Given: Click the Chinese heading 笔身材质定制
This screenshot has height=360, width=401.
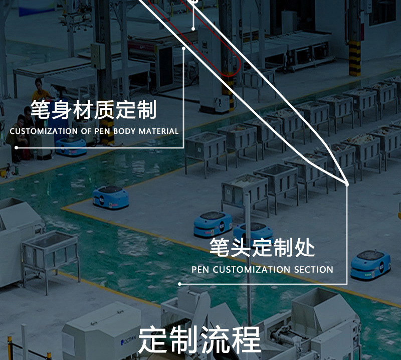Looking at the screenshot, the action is (93, 110).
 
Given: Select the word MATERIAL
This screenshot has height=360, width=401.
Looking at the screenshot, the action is (158, 131).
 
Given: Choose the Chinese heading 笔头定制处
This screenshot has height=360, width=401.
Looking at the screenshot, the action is (262, 248).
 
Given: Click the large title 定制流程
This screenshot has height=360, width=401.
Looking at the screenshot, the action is (199, 340).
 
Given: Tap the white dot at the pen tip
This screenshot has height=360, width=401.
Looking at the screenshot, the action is (347, 184).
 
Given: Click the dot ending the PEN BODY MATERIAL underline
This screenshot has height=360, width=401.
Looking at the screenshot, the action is (17, 148).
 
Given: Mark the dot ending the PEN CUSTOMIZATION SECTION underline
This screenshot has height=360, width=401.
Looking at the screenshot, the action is (180, 284).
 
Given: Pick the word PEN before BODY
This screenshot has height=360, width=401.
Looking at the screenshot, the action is (104, 131).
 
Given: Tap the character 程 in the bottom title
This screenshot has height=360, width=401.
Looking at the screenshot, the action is (246, 340).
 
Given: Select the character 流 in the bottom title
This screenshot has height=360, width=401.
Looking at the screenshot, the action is (215, 340).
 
